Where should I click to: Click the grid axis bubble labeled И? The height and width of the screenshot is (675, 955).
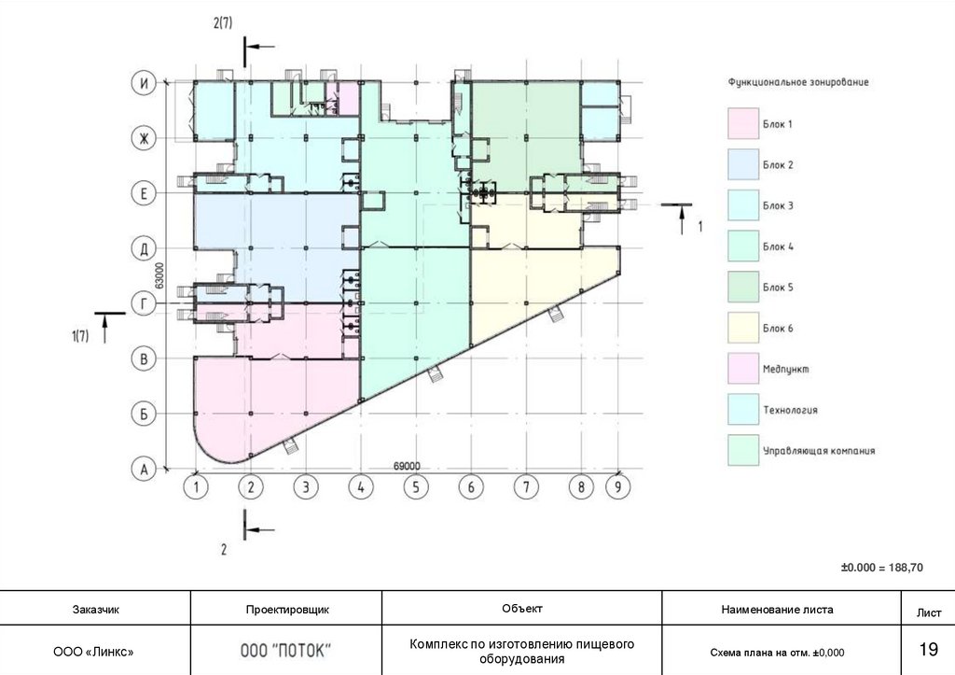[144, 83]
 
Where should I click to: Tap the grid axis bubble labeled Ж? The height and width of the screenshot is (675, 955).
[144, 138]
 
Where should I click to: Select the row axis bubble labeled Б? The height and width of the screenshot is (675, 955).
[144, 414]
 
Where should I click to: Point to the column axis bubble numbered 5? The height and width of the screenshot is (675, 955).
[416, 486]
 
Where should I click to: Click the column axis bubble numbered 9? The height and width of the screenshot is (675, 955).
[618, 486]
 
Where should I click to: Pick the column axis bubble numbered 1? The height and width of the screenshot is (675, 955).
[196, 486]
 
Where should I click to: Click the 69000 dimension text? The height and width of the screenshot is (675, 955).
[407, 467]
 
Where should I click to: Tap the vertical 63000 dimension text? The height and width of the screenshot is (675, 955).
[159, 275]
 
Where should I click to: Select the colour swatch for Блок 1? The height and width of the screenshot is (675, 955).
[743, 124]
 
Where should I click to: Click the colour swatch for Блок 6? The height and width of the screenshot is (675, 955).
[743, 328]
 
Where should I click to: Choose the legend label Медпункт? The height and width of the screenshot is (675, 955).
[785, 370]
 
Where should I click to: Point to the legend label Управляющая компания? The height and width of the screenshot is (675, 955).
[819, 451]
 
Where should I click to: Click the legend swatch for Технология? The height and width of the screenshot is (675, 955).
[743, 410]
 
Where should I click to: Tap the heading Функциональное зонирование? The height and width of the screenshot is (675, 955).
[798, 82]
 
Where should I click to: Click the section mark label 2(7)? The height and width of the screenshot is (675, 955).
[223, 23]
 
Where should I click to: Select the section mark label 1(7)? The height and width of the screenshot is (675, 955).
[80, 335]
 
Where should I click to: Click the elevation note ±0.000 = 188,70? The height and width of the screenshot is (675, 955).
[882, 568]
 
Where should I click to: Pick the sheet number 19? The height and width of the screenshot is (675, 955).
[928, 650]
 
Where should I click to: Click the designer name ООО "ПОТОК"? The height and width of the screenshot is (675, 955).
[285, 652]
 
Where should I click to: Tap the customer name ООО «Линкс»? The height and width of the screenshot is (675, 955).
[94, 652]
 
